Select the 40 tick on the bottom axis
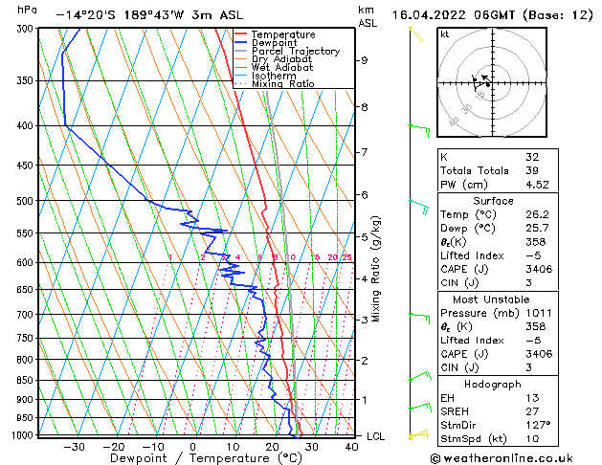[x=350, y=446]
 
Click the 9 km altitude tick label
[x=365, y=60]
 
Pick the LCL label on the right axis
[x=377, y=436]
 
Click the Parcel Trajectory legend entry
[x=295, y=51]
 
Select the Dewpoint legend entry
[x=276, y=43]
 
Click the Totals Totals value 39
[x=532, y=170]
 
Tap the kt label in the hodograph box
[x=444, y=33]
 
